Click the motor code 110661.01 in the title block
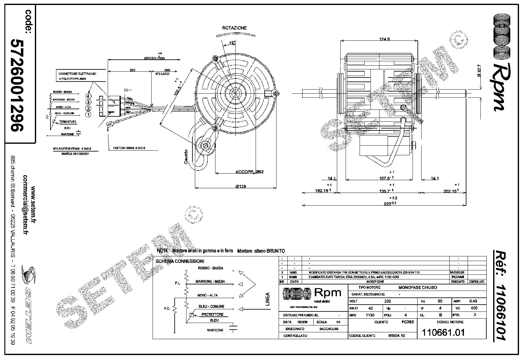click(x=443, y=332)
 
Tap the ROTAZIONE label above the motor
click(x=234, y=28)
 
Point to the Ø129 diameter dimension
click(x=241, y=186)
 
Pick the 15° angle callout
click(x=232, y=43)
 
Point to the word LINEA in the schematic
click(x=267, y=299)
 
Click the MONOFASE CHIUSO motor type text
click(x=418, y=288)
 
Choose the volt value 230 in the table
click(x=387, y=301)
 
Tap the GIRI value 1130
click(x=370, y=315)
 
